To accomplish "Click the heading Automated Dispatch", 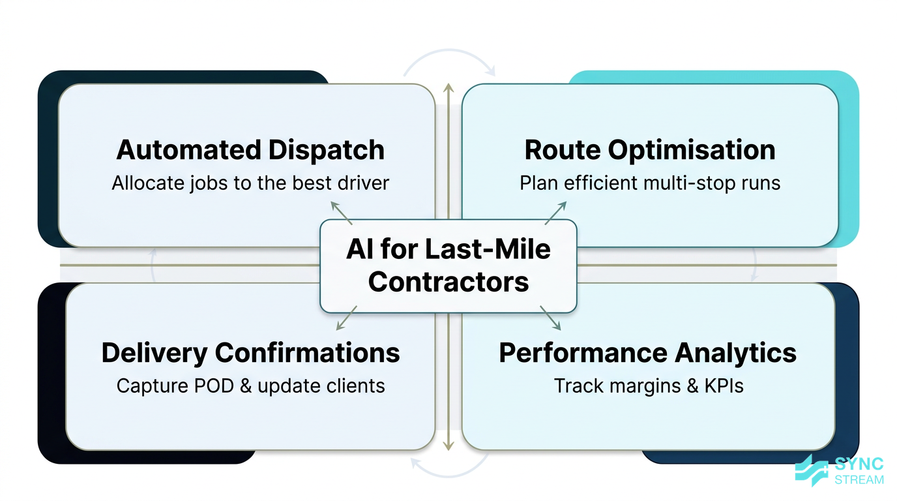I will tap(250, 150).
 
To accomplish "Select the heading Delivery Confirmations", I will tap(250, 353).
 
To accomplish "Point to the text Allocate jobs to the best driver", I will tap(250, 183).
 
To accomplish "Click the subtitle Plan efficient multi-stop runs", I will tap(650, 183).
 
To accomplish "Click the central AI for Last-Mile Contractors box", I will tap(448, 266).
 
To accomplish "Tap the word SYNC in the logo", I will tap(859, 464).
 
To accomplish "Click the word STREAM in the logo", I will tap(859, 479).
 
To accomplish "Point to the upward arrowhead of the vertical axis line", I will tap(448, 87).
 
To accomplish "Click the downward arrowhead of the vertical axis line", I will tap(448, 446).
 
